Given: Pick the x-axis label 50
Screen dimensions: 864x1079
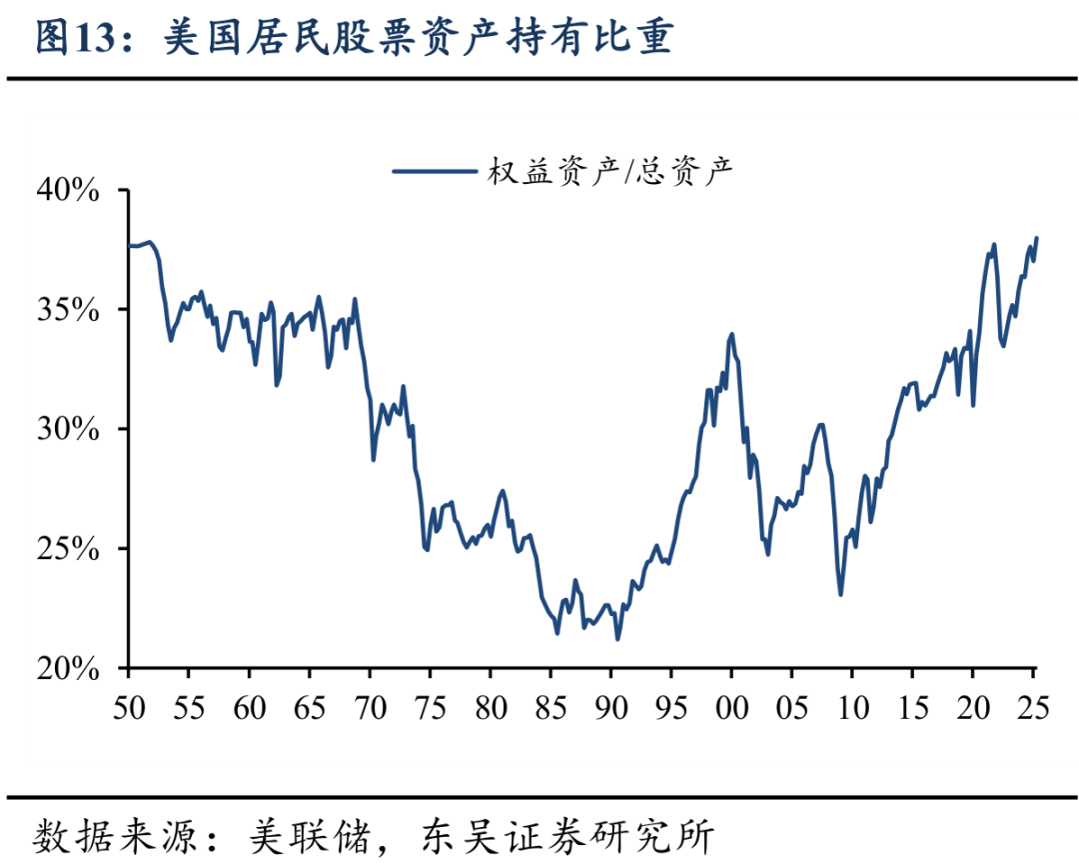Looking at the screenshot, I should [130, 707].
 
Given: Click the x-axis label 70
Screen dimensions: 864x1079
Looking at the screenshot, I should [370, 707].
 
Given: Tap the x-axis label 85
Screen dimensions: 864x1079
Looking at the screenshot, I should [550, 707].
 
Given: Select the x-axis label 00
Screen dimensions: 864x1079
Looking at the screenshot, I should [731, 707].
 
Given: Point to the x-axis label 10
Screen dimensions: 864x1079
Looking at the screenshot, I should [851, 707].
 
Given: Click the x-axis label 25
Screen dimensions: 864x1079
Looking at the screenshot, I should [1032, 707].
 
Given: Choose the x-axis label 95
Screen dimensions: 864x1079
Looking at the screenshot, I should [670, 707].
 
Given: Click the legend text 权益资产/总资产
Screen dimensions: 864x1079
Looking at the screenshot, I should [610, 171].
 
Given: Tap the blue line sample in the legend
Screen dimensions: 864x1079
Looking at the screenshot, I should [433, 171].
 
